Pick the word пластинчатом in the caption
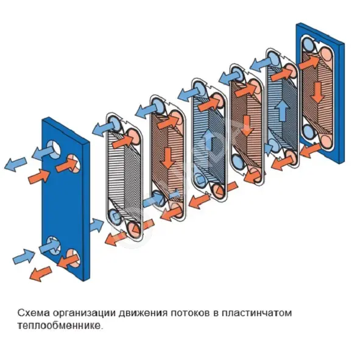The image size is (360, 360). click(x=256, y=313)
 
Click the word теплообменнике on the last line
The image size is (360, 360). click(x=59, y=326)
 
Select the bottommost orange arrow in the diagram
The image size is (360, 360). click(x=41, y=274)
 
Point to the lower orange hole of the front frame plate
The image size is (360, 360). click(x=73, y=259)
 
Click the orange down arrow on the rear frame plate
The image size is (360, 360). click(x=318, y=93)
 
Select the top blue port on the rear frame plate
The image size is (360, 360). click(x=309, y=45)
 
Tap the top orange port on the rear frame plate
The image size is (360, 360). click(x=326, y=54)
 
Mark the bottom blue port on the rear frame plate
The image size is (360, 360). click(x=309, y=132)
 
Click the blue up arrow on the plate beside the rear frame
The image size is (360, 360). click(x=282, y=111)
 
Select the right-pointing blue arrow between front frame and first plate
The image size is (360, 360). click(x=97, y=225)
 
